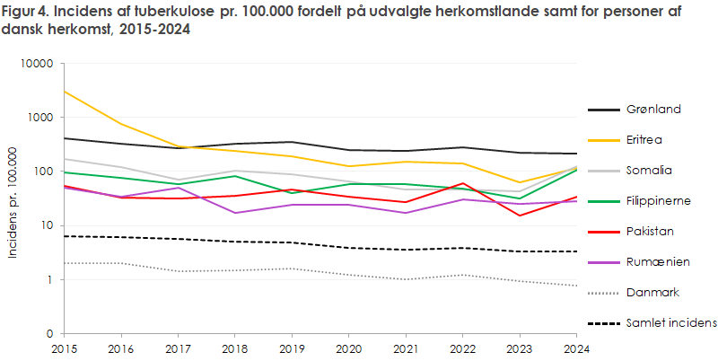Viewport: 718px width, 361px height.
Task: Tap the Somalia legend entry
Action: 652,171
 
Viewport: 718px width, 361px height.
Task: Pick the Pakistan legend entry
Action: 652,232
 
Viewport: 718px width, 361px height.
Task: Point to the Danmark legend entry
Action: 653,293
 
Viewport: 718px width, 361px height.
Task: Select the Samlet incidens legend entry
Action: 670,323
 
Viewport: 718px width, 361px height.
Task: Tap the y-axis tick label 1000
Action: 40,118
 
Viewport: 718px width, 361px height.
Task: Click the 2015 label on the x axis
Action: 63,348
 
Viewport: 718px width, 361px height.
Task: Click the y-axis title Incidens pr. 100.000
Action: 13,199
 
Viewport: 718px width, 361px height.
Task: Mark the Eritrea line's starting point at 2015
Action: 63,92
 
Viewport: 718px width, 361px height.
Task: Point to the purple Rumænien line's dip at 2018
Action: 234,213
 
